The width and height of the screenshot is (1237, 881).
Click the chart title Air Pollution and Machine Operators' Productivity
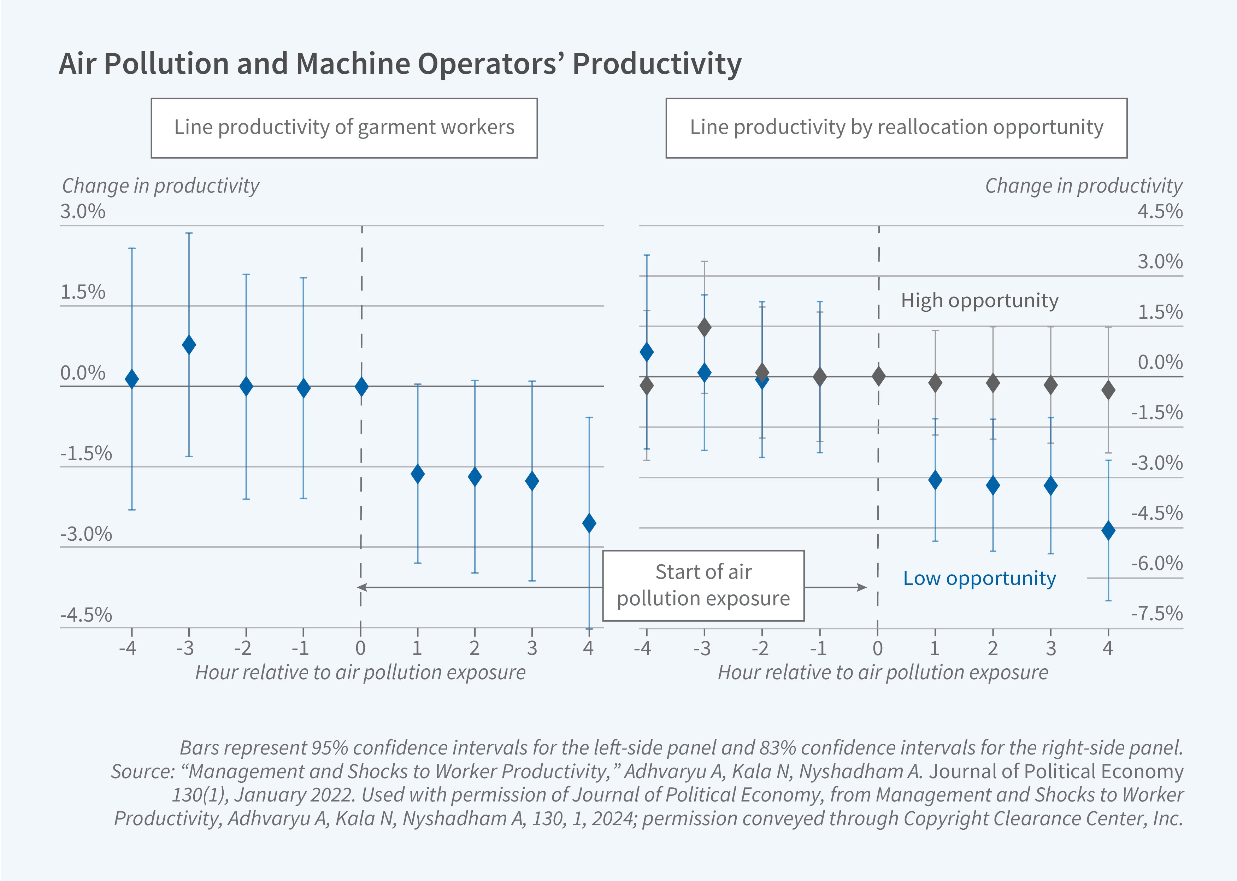400,64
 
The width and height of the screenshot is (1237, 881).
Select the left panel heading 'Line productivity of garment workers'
344,128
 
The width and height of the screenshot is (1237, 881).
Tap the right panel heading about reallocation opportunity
896,128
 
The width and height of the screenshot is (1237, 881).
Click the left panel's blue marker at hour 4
589,523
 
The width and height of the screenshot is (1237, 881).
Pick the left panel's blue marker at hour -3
189,345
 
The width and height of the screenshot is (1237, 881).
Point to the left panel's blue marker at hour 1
418,474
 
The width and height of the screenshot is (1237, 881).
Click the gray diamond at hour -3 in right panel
704,327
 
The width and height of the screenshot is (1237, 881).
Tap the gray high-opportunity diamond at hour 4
1108,390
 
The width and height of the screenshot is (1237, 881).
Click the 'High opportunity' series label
979,300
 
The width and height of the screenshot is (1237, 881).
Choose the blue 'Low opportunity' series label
979,578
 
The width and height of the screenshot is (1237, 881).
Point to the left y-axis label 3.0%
82,212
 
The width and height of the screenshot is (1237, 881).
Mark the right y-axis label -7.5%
1157,613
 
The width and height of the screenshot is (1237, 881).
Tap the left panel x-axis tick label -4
128,648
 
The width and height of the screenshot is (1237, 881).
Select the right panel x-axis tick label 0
877,648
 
